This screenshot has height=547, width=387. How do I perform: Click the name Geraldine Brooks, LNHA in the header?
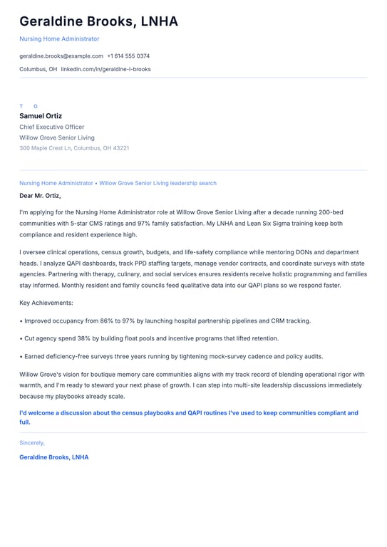point(98,21)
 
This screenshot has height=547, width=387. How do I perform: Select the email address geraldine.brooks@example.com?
point(61,56)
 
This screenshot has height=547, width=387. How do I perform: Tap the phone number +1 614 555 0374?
point(128,56)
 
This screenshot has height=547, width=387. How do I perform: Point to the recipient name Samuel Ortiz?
point(41,116)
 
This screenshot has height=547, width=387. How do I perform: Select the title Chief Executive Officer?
point(52,127)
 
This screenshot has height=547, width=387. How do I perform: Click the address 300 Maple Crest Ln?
point(46,148)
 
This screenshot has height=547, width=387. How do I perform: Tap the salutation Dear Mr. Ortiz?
point(40,195)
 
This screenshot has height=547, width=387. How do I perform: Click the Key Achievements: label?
point(46,303)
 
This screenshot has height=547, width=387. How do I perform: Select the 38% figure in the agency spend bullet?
point(84,338)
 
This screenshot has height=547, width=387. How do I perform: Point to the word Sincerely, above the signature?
point(32,442)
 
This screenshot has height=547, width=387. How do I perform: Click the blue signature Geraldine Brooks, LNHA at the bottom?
point(54,457)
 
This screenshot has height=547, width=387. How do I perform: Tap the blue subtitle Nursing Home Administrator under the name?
point(59,38)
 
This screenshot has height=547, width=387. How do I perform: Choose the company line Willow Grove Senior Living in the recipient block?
point(57,137)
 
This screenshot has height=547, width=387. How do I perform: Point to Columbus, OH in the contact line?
point(38,69)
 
